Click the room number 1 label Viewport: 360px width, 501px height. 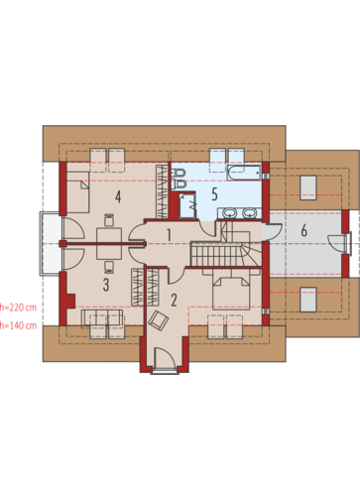(169, 235)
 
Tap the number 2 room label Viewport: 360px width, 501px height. (174, 300)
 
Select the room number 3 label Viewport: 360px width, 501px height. (106, 285)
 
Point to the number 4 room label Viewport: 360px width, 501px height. (118, 196)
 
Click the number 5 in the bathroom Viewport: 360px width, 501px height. (214, 194)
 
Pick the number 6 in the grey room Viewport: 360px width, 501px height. (304, 230)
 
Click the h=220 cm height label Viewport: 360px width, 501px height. (18, 308)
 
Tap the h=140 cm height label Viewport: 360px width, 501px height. (18, 325)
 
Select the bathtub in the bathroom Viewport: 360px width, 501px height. (244, 173)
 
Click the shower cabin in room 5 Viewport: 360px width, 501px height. (187, 205)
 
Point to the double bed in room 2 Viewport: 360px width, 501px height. (231, 290)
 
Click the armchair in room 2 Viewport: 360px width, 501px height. (159, 320)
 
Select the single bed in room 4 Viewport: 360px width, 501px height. (78, 192)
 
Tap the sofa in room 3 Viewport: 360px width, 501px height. (102, 317)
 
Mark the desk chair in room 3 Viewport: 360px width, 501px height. (109, 266)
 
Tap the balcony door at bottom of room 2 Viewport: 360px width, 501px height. (165, 357)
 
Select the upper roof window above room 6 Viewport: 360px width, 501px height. (308, 188)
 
